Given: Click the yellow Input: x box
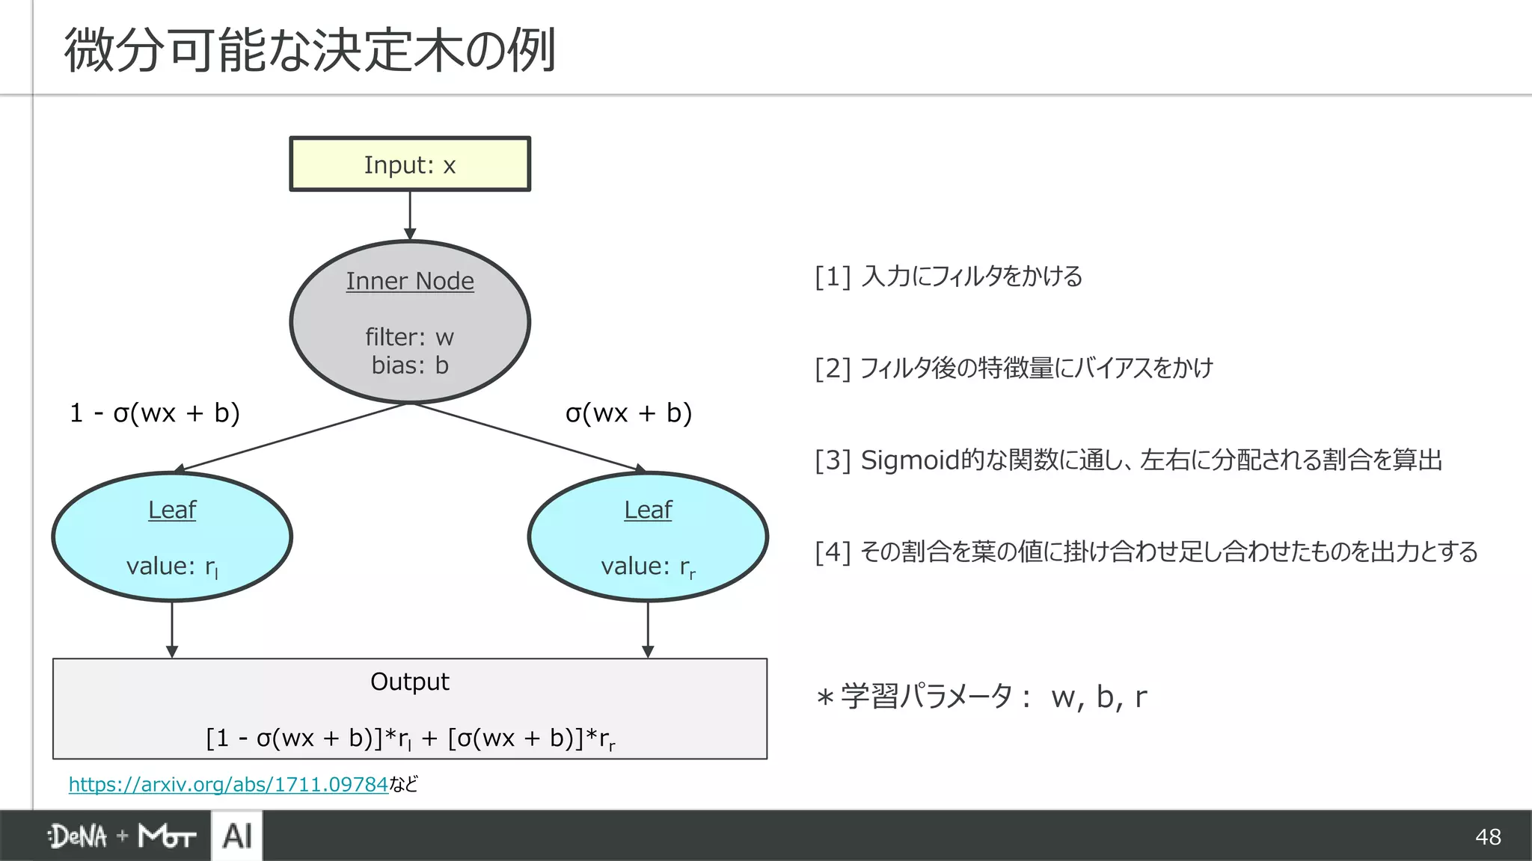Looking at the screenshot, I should (410, 164).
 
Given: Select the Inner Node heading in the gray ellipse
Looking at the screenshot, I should (410, 282).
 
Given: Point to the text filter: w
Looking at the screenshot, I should (410, 337).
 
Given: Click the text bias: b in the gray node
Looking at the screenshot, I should (410, 365).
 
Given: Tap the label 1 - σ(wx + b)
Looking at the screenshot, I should (155, 413).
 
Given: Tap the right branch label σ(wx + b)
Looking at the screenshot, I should (628, 413).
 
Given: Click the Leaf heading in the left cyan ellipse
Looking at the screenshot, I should (172, 510).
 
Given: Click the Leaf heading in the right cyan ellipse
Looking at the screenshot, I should (648, 510).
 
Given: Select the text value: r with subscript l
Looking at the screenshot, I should (172, 567).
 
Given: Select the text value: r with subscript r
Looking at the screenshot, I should (648, 567).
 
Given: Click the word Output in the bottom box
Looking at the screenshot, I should (410, 682).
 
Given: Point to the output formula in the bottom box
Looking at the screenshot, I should (410, 738).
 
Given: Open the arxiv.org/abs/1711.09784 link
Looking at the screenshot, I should (228, 785).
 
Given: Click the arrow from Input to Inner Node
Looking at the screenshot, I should (410, 215).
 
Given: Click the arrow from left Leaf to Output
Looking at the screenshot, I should (172, 629).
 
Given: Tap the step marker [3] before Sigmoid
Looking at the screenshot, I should (833, 460).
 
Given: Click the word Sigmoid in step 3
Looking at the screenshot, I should (910, 460).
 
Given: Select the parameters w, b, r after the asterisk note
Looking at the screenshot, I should (1098, 697).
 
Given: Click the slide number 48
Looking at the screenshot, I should (1488, 836).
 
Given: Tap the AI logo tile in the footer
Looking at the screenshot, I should (237, 836).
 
